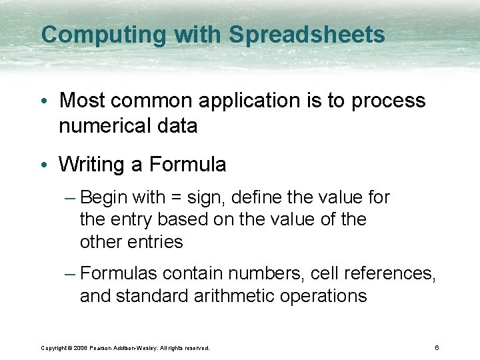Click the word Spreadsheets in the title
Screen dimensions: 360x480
[307, 35]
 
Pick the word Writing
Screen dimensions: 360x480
[100, 165]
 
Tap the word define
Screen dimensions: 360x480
[253, 198]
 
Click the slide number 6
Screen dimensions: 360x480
[436, 347]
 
